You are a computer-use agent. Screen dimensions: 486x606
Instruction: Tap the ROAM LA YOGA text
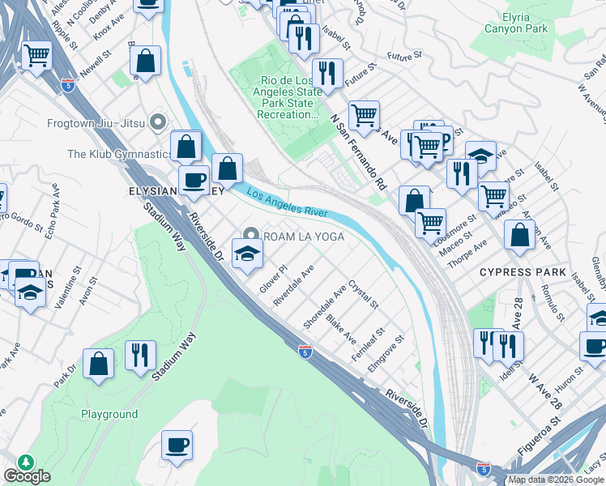click(305, 237)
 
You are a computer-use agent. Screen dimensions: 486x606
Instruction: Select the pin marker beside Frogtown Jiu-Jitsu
click(158, 123)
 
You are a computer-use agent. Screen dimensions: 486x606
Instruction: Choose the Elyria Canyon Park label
click(516, 22)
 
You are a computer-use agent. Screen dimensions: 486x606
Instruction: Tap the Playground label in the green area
click(109, 414)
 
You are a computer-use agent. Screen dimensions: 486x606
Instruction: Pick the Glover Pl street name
click(273, 278)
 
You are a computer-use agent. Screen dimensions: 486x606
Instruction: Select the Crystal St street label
click(363, 294)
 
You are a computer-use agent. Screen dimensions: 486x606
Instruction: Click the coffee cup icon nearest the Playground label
click(177, 444)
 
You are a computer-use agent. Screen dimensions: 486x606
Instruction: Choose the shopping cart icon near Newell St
click(36, 56)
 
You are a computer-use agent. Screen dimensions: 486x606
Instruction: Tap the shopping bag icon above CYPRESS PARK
click(519, 235)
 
